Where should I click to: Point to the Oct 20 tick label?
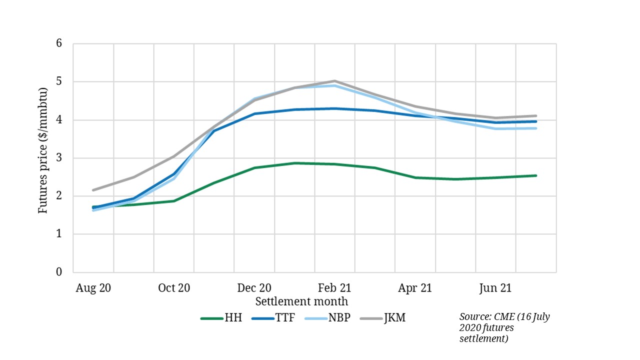173,288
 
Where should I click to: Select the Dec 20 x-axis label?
254,288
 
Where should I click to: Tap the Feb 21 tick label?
334,288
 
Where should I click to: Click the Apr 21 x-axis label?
415,288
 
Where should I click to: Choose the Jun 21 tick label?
495,288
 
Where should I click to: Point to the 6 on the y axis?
59,43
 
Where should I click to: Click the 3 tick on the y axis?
59,158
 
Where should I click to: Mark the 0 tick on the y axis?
59,272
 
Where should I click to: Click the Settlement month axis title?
301,302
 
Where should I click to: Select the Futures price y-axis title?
43,150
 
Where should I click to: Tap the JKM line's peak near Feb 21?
334,80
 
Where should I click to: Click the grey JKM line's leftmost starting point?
93,190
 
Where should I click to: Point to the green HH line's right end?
536,175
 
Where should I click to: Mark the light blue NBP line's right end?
536,128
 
